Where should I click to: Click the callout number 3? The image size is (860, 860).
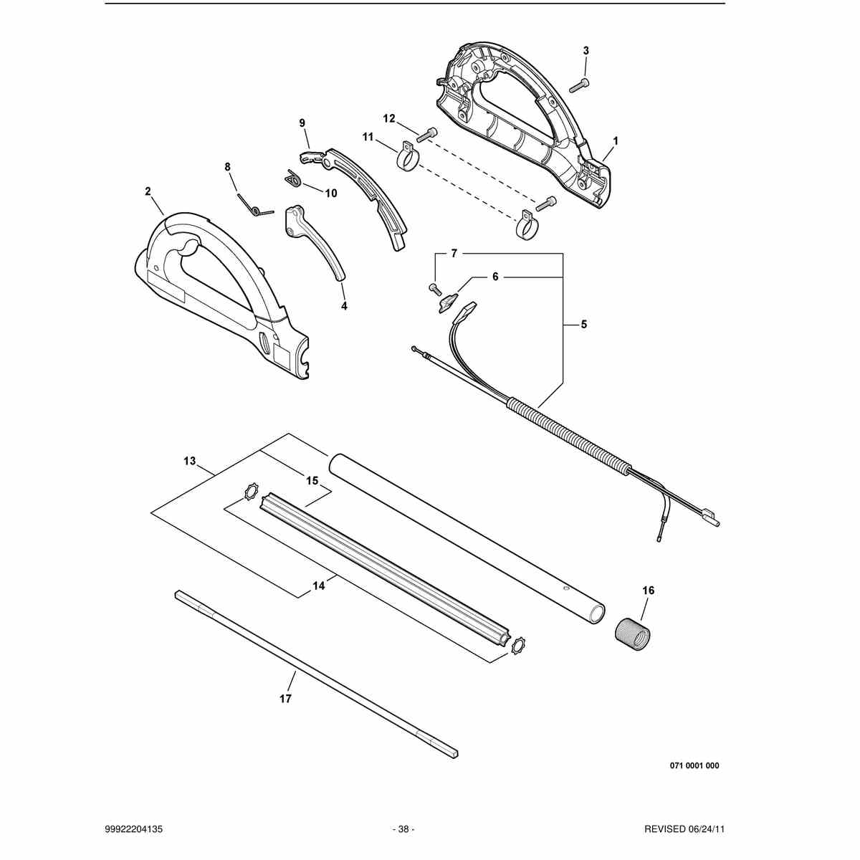[x=586, y=51]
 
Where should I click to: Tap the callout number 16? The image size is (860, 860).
[x=648, y=591]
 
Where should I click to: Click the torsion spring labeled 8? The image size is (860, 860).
[x=254, y=204]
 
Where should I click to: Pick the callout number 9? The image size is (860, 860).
[x=302, y=123]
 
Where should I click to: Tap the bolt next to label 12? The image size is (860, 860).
[x=427, y=134]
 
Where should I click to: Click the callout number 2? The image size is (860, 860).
[x=148, y=191]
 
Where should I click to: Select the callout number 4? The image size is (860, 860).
[x=344, y=306]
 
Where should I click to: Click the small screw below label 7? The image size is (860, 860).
[x=434, y=289]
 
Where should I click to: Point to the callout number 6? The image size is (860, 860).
[x=495, y=277]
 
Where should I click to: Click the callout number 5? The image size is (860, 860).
[x=584, y=325]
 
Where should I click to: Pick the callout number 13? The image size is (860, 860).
[x=190, y=461]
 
